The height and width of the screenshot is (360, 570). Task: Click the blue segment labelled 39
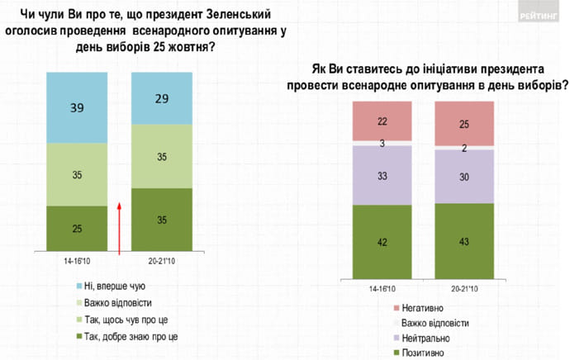click(x=76, y=107)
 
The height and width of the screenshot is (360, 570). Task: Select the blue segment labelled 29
click(x=163, y=98)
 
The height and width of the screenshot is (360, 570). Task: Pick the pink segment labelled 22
click(x=382, y=121)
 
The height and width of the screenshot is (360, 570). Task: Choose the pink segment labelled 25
click(x=464, y=124)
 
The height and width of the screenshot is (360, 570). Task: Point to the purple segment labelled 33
click(x=382, y=176)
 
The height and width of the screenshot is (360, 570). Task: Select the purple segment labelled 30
click(x=464, y=176)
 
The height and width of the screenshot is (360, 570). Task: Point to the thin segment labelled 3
click(x=382, y=144)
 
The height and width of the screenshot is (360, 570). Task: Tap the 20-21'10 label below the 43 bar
click(x=464, y=288)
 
